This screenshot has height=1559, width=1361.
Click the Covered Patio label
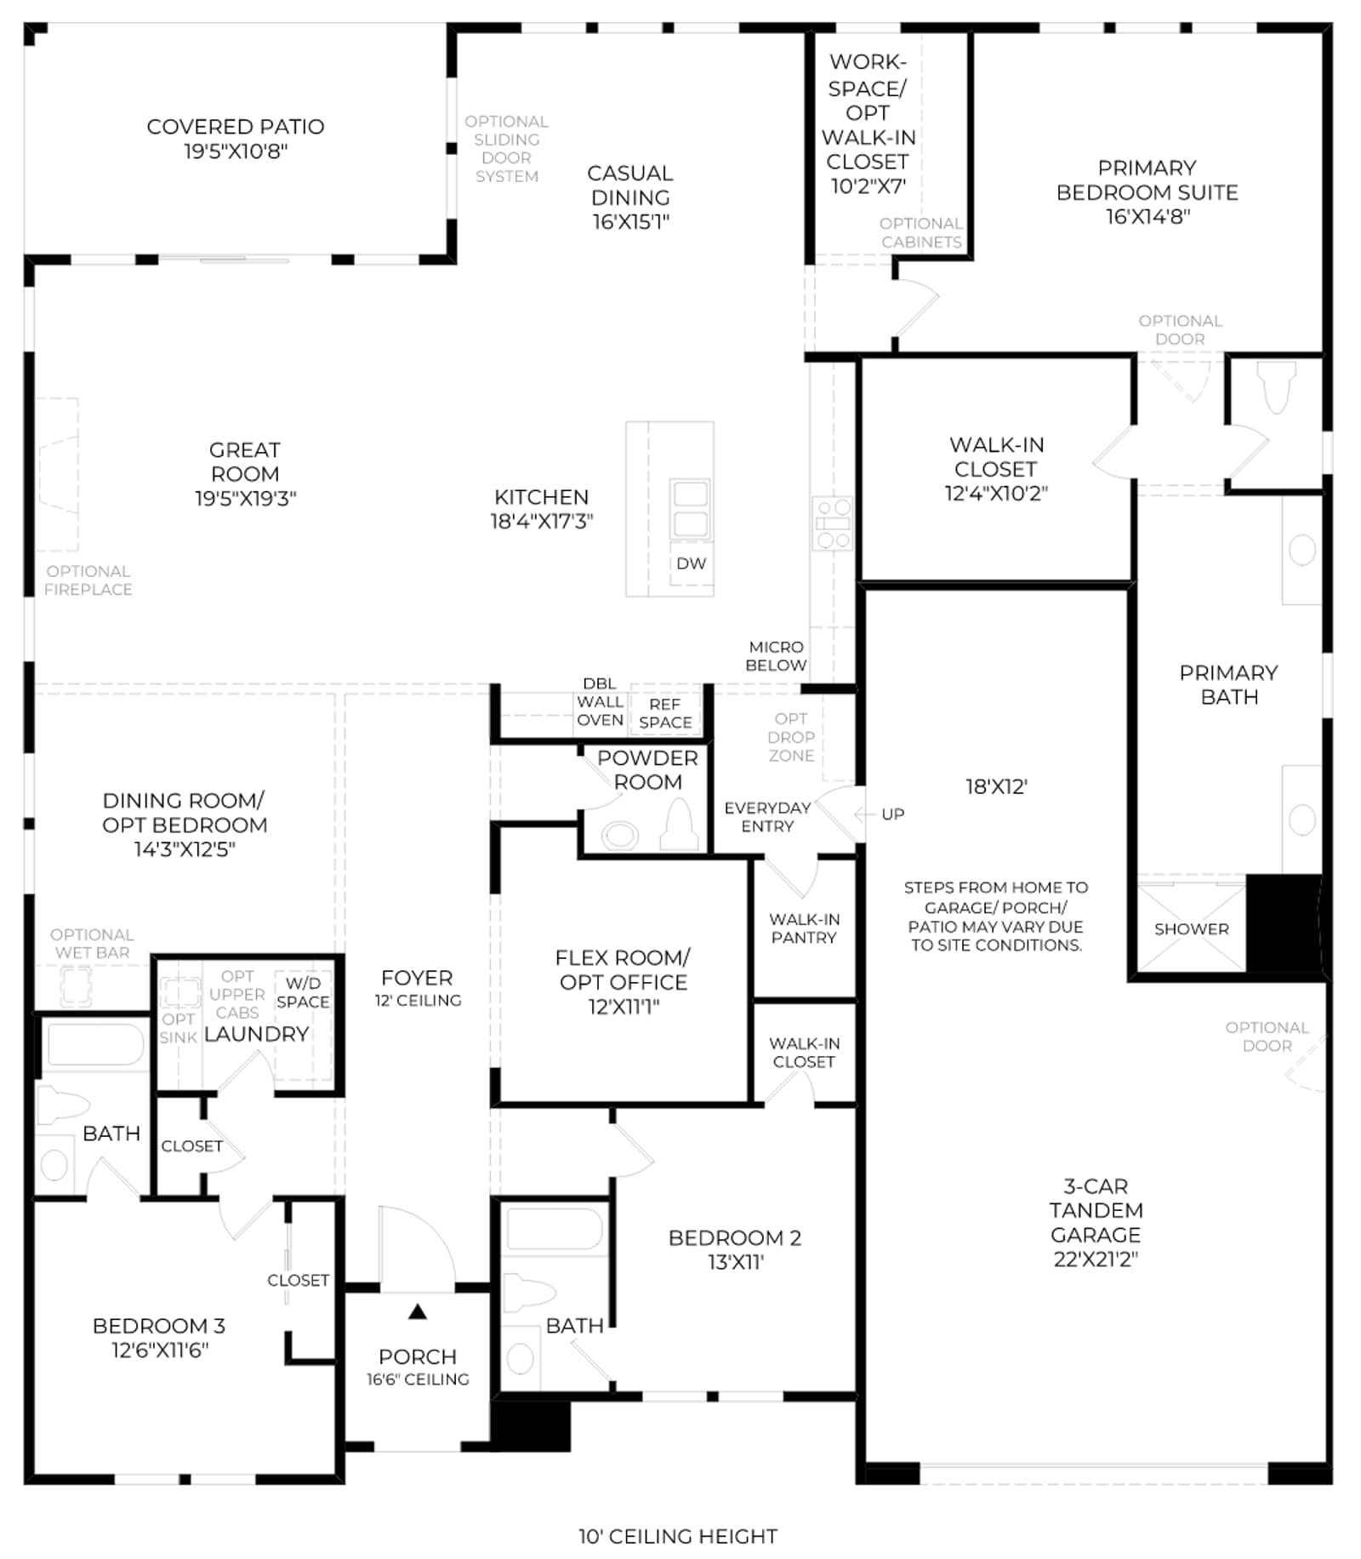tap(236, 127)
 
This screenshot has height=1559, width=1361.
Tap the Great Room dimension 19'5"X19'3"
tap(245, 499)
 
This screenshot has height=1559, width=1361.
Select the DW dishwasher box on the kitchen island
tap(692, 563)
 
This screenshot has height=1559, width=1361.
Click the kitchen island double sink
tap(690, 509)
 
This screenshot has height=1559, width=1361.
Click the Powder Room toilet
tap(680, 825)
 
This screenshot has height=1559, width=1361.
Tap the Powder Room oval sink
tap(621, 835)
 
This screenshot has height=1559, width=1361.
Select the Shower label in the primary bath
tap(1191, 929)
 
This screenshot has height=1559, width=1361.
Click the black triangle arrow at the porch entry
tap(418, 1312)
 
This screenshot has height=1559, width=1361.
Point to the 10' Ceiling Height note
tap(678, 1536)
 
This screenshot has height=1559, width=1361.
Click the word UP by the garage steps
tap(893, 814)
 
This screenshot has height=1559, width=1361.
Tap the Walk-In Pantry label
tap(804, 928)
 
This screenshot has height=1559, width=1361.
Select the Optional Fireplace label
tap(88, 580)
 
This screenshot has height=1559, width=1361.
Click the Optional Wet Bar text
tap(92, 944)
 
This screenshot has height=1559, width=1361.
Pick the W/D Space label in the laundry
tap(303, 993)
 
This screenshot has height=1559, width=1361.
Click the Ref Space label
tap(665, 714)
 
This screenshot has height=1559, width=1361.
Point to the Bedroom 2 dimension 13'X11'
tap(736, 1262)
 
